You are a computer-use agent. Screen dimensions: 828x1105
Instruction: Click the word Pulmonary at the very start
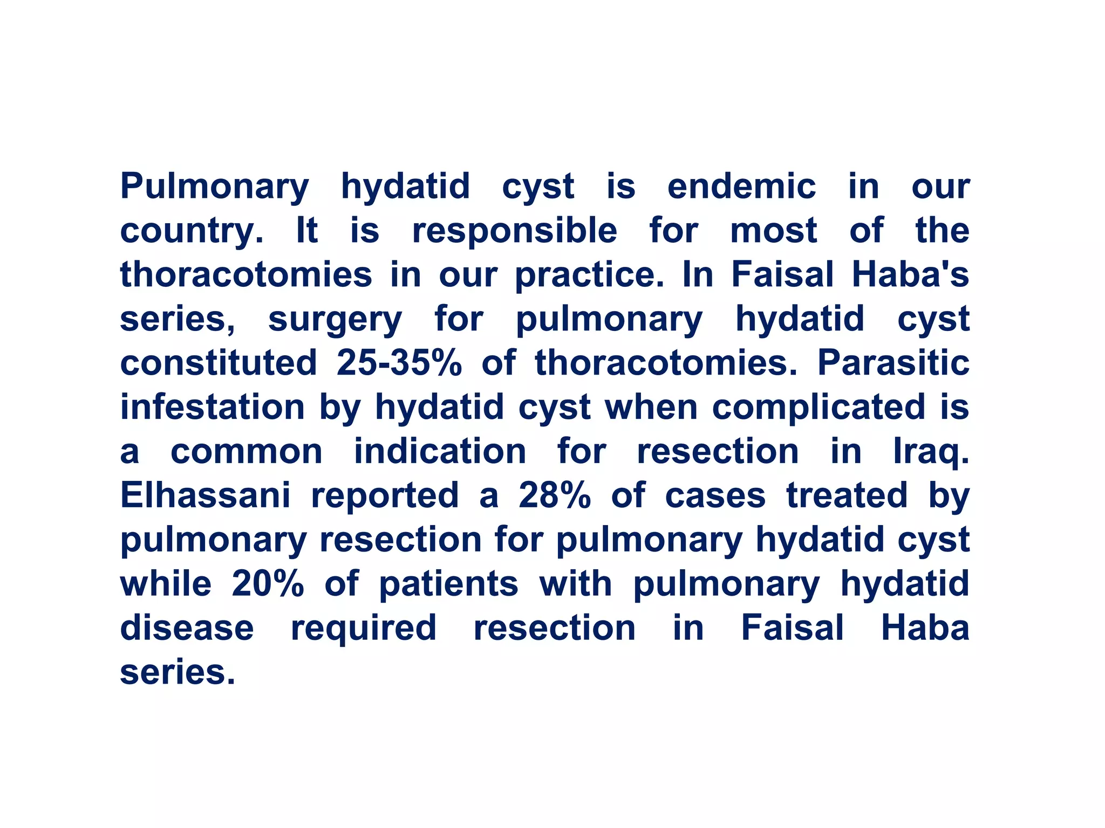click(x=214, y=187)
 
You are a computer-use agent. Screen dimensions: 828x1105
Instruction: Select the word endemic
click(x=741, y=187)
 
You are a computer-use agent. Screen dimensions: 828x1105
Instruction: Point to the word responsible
click(x=514, y=231)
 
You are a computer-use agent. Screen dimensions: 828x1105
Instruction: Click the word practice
click(x=589, y=275)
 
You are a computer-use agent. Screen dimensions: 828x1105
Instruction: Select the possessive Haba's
click(x=910, y=274)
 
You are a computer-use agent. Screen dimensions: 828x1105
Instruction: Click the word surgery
click(x=335, y=320)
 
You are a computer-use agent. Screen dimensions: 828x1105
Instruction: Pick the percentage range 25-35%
click(x=399, y=363)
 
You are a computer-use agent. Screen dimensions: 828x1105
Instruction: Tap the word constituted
click(x=219, y=363)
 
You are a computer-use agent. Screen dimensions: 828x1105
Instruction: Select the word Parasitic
click(x=893, y=363)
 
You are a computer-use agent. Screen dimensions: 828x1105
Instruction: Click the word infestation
click(x=213, y=407)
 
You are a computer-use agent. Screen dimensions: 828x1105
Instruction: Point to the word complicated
click(x=818, y=407)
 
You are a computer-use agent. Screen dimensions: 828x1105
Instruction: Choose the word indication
click(x=440, y=451)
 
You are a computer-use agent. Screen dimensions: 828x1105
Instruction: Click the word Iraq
click(x=931, y=452)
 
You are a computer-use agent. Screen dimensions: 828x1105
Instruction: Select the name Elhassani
click(x=205, y=495)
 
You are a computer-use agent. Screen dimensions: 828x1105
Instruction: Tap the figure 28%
click(x=554, y=495)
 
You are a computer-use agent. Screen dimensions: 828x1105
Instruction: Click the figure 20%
click(x=268, y=584)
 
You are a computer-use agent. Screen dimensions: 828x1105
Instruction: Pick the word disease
click(x=187, y=628)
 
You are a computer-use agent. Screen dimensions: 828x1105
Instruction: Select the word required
click(x=364, y=629)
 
